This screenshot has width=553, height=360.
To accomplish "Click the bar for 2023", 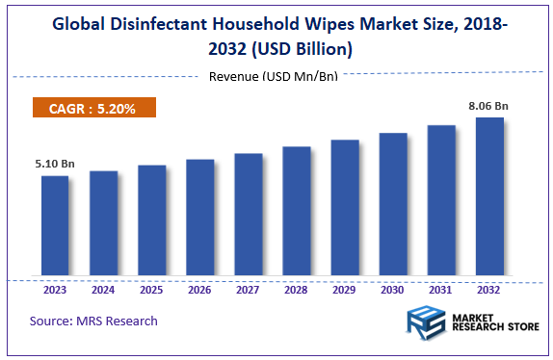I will pyautogui.click(x=55, y=225).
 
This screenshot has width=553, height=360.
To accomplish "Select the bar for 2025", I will pyautogui.click(x=151, y=220).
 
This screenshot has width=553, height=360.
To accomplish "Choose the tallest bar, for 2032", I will pyautogui.click(x=489, y=196).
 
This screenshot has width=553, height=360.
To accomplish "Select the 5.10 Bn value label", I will pyautogui.click(x=54, y=165).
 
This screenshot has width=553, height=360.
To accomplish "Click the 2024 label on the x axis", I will pyautogui.click(x=103, y=288).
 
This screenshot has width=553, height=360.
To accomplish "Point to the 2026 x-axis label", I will pyautogui.click(x=199, y=288).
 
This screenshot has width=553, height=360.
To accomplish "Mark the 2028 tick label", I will pyautogui.click(x=297, y=288).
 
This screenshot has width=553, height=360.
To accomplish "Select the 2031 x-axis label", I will pyautogui.click(x=441, y=288).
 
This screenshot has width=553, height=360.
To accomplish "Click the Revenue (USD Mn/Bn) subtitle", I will pyautogui.click(x=273, y=76).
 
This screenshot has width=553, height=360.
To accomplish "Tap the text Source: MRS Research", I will pyautogui.click(x=93, y=321).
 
